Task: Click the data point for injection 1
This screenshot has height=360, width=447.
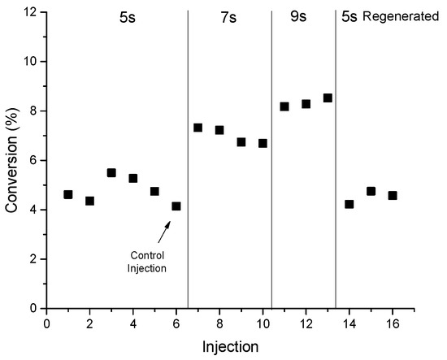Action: [x=68, y=194]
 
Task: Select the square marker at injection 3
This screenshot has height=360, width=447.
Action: [x=111, y=172]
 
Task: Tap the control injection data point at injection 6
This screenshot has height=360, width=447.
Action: [x=176, y=206]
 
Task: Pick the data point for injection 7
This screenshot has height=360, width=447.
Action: [x=197, y=128]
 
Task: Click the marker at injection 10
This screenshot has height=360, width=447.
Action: [x=263, y=143]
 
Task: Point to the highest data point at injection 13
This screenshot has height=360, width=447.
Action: [x=328, y=98]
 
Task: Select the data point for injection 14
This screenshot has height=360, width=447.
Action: [x=349, y=204]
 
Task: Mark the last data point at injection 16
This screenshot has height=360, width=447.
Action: [x=393, y=195]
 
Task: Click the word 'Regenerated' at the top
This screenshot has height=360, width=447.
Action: [x=400, y=16]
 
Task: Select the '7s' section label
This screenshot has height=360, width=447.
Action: [x=228, y=16]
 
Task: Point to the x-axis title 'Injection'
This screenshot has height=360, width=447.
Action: [x=230, y=346]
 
